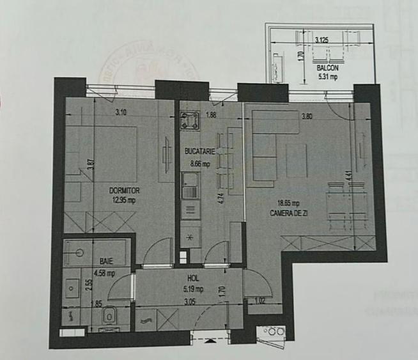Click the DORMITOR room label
coord(125,191)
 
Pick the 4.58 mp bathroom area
coord(104,273)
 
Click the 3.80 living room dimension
coord(307,116)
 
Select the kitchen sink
coord(190,190)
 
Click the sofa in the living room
coord(262,147)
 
